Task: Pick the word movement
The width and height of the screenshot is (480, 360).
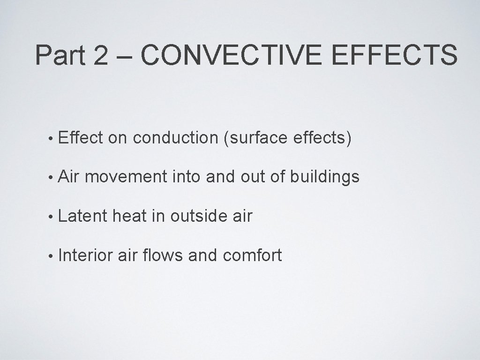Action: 126,177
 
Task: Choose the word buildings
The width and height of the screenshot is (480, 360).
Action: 324,177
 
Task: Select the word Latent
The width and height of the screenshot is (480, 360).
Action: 83,216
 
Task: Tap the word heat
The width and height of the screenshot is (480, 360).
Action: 130,216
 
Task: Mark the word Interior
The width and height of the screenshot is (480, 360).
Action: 85,255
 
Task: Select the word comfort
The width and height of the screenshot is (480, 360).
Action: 252,255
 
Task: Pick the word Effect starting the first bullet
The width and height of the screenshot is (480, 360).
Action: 81,138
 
